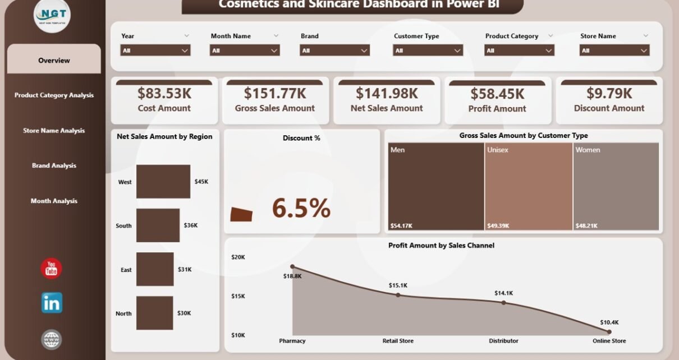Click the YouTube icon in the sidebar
[x=52, y=269]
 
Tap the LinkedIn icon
[x=52, y=303]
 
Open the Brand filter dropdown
[x=335, y=50]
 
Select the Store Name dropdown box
[x=614, y=50]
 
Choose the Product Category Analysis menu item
[x=54, y=95]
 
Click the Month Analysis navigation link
[x=54, y=201]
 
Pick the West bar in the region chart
[x=163, y=182]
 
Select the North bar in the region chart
[x=154, y=313]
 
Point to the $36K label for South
[x=191, y=225]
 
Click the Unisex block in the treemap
[x=528, y=187]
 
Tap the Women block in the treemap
[x=616, y=187]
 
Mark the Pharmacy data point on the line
[x=292, y=267]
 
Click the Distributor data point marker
[x=503, y=302]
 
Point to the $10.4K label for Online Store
[x=609, y=322]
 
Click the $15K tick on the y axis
[x=238, y=296]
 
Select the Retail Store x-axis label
[x=398, y=340]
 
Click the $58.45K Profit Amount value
[x=497, y=94]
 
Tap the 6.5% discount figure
[x=301, y=209]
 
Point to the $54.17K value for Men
[x=402, y=225]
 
